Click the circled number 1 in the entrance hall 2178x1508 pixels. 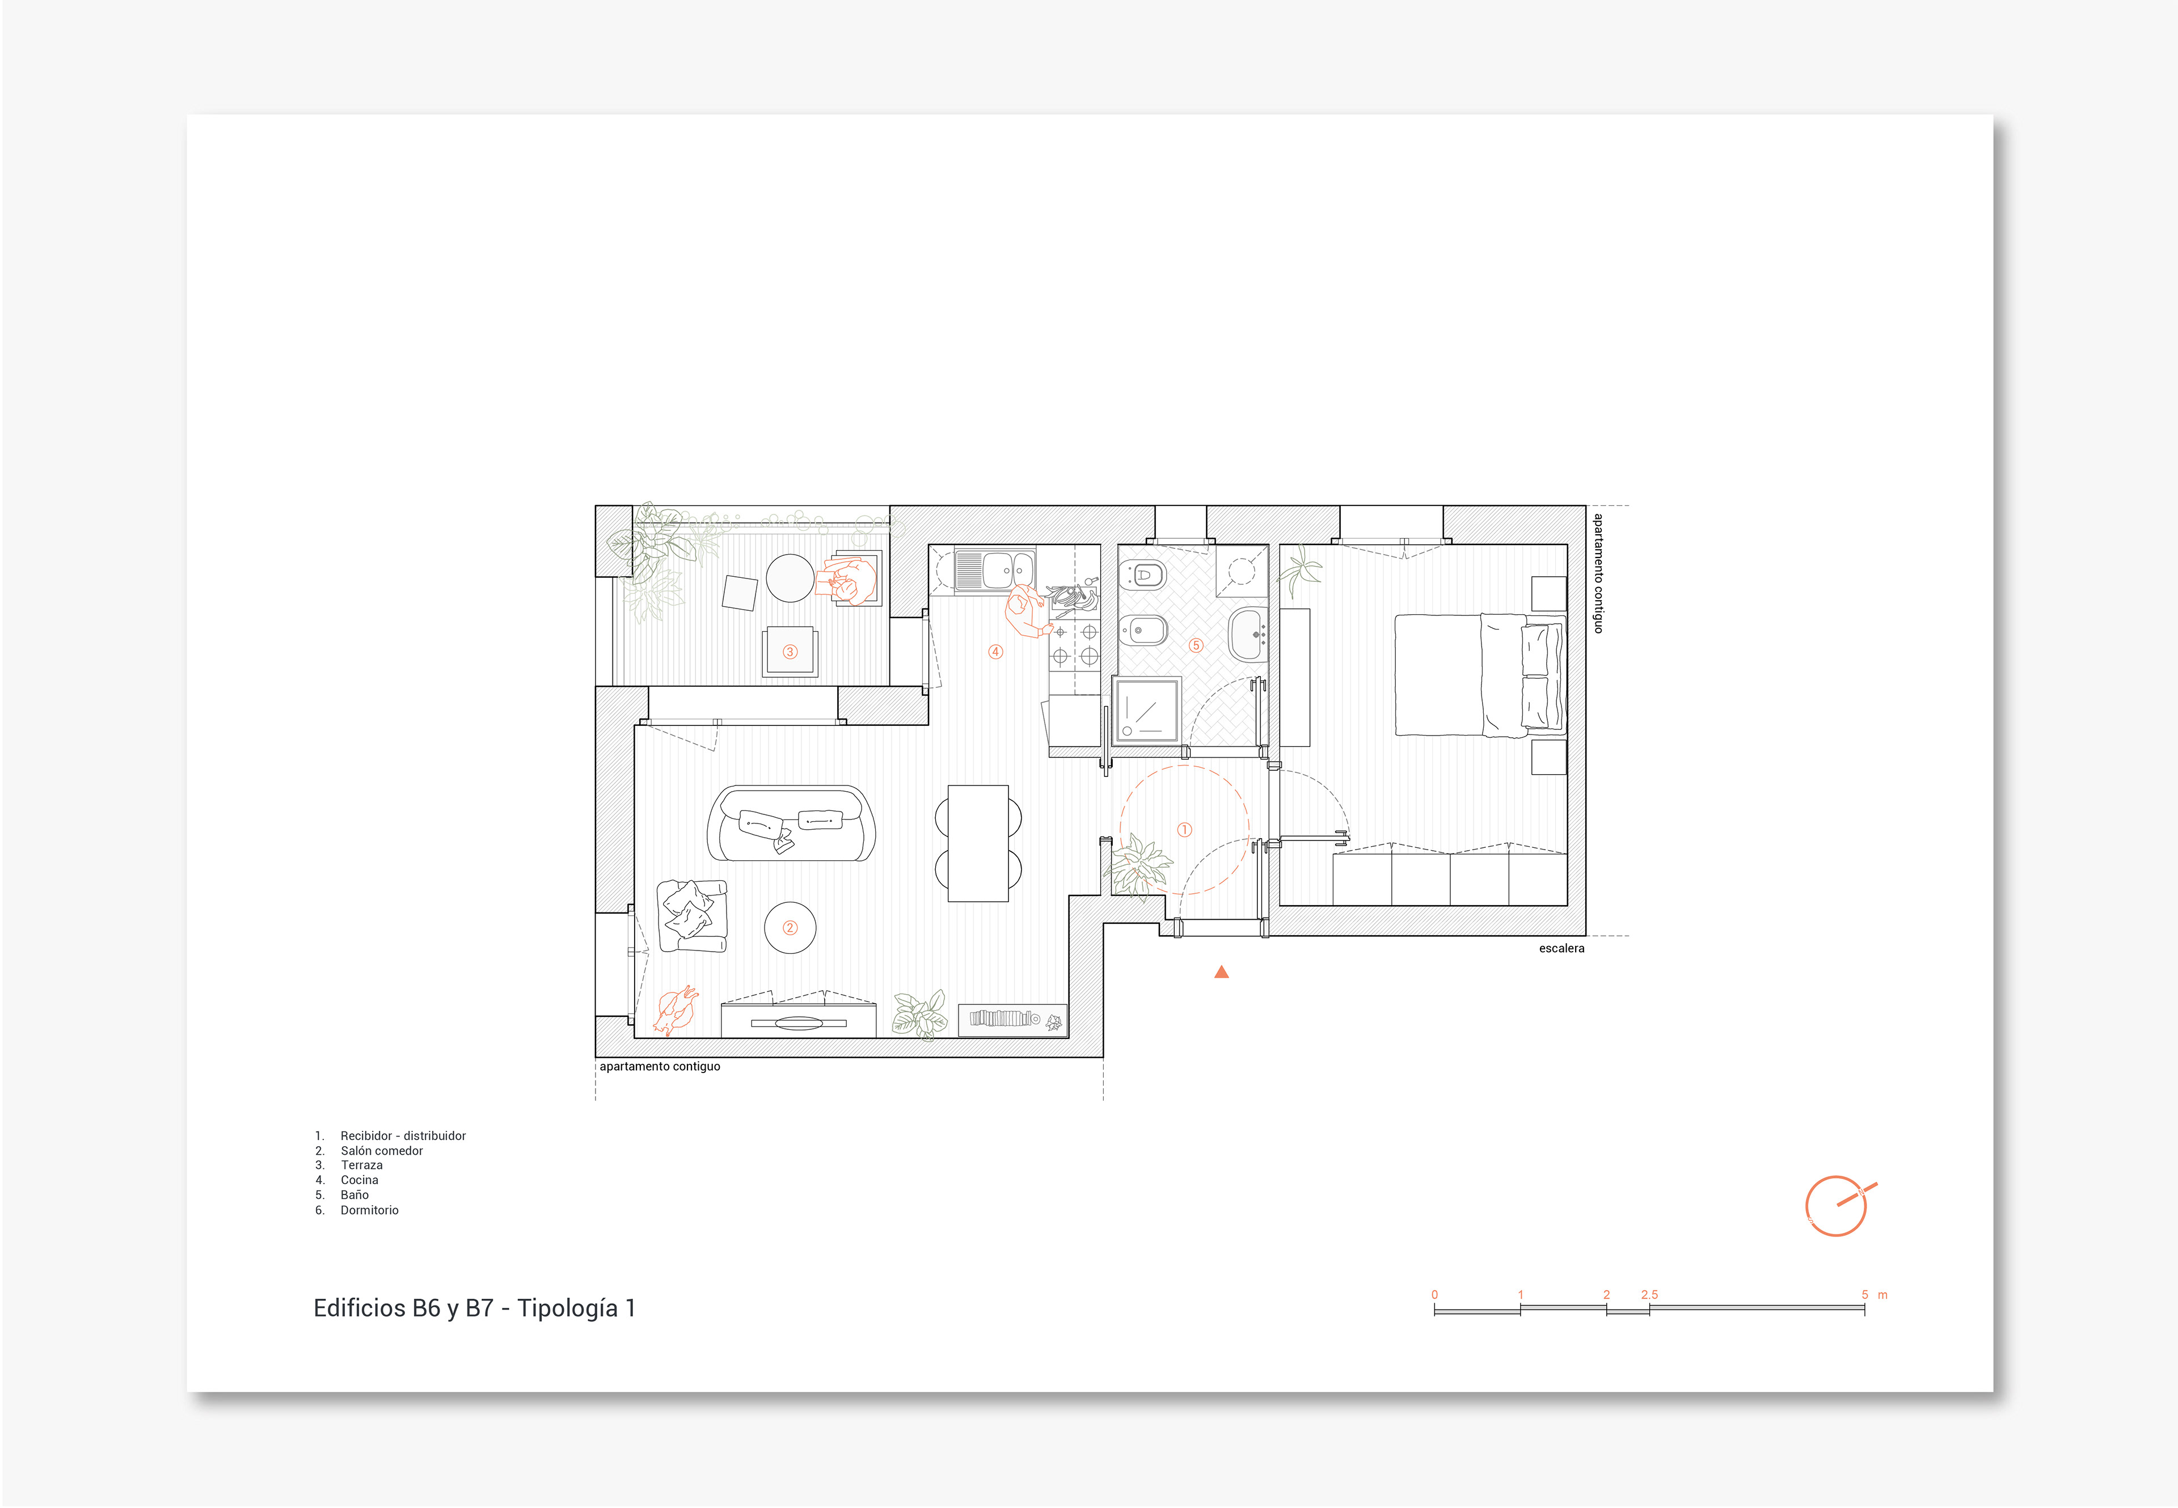tap(1184, 830)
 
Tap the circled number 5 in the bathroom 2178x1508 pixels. tap(1195, 645)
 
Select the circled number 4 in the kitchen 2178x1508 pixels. tap(995, 651)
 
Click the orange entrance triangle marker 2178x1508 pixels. tap(1221, 971)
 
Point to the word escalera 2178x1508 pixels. tap(1561, 948)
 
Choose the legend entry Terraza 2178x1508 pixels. tap(362, 1165)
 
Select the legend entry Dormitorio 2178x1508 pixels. tap(369, 1210)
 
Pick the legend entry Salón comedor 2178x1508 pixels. tap(382, 1150)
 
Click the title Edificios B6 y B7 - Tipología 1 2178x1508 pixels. tap(474, 1308)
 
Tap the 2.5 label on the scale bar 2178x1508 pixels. tap(1649, 1294)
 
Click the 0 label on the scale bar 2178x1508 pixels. tap(1434, 1294)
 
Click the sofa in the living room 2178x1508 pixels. tap(791, 823)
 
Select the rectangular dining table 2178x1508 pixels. tap(978, 843)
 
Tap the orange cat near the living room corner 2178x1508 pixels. tap(676, 1011)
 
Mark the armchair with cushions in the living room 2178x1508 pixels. tap(693, 915)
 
